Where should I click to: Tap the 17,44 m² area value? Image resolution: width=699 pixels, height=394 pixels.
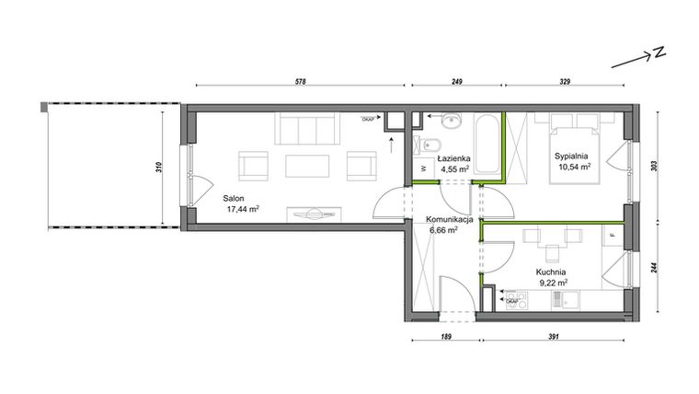pyautogui.click(x=241, y=209)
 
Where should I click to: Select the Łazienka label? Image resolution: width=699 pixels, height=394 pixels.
pyautogui.click(x=454, y=158)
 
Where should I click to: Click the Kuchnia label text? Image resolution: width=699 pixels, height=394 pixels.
pyautogui.click(x=551, y=272)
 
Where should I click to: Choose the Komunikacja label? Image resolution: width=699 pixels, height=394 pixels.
pyautogui.click(x=449, y=221)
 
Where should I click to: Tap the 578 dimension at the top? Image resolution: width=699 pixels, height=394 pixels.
pyautogui.click(x=300, y=83)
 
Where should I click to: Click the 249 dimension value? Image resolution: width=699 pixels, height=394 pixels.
pyautogui.click(x=456, y=83)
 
